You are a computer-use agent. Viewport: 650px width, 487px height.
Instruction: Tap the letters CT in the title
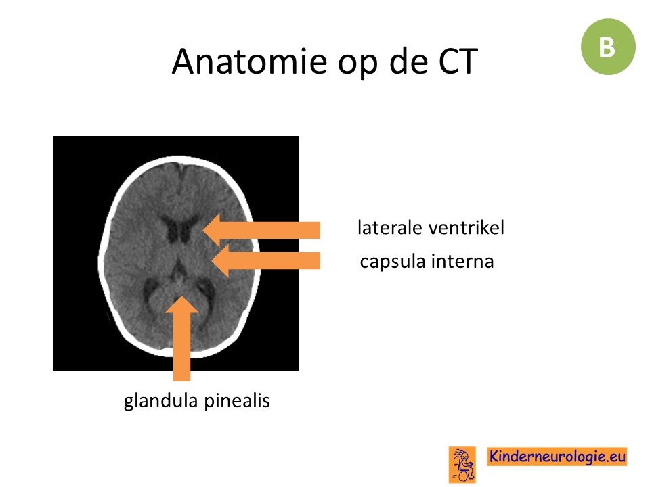pyautogui.click(x=458, y=62)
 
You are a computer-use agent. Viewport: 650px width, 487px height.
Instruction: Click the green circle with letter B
pyautogui.click(x=608, y=47)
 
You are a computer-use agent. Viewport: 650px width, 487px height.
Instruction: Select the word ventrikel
pyautogui.click(x=467, y=227)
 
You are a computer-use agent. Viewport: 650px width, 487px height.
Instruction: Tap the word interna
pyautogui.click(x=462, y=261)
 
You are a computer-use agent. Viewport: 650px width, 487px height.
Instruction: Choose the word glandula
pyautogui.click(x=161, y=401)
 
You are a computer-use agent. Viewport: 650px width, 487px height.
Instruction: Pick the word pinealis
pyautogui.click(x=237, y=401)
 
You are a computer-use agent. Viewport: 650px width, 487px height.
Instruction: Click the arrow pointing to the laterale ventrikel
pyautogui.click(x=261, y=230)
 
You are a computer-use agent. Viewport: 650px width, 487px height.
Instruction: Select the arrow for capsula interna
pyautogui.click(x=265, y=261)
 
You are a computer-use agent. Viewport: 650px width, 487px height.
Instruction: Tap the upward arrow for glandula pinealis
pyautogui.click(x=181, y=338)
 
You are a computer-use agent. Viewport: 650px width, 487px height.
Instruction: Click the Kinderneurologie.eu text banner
pyautogui.click(x=557, y=457)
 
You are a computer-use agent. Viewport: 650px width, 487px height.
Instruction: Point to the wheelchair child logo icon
pyautogui.click(x=462, y=465)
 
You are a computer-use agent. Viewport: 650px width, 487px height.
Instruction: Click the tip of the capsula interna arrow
pyautogui.click(x=211, y=261)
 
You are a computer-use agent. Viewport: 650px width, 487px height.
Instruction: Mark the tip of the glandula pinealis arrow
pyautogui.click(x=181, y=296)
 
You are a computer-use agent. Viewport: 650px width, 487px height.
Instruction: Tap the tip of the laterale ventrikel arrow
pyautogui.click(x=202, y=230)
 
